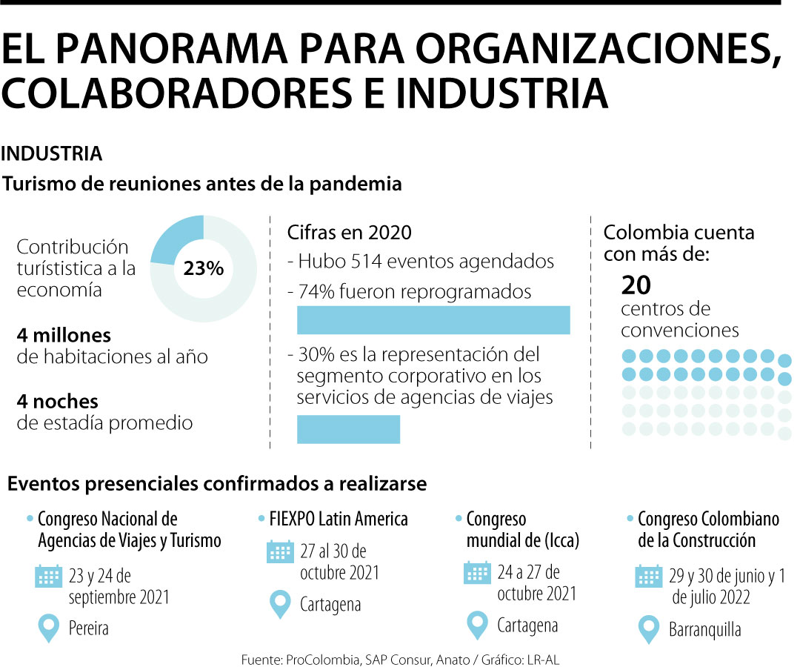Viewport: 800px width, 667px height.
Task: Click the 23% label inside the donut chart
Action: coord(204,268)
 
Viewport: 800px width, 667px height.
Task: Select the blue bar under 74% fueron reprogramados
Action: coord(433,320)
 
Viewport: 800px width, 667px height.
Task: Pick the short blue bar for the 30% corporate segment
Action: coord(348,429)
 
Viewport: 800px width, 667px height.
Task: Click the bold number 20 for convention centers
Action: coord(636,285)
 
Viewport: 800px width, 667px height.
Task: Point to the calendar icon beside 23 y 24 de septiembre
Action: coord(49,577)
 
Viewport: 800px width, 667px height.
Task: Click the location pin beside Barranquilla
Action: coord(649,629)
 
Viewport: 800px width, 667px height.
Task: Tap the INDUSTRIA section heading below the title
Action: coord(52,154)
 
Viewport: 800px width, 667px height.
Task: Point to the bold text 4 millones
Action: coord(64,335)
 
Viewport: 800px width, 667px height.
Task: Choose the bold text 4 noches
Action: coord(58,402)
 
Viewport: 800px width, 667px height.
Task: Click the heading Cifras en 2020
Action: coord(349,232)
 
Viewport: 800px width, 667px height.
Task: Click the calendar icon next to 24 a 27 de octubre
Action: coord(477,573)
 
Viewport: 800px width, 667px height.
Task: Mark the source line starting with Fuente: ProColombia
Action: coord(404,658)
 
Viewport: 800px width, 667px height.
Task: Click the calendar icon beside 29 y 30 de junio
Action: coord(649,576)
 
